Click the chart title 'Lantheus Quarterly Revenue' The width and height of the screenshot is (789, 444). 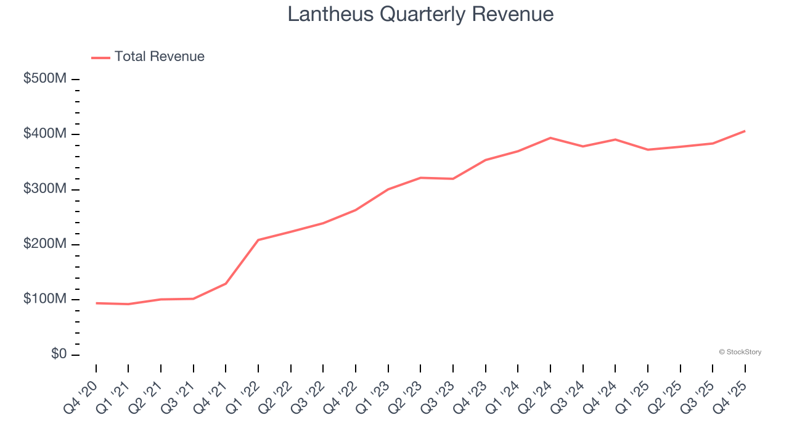coord(420,14)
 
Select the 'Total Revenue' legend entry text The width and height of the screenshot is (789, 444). coord(159,57)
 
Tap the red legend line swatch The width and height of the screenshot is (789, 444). coord(100,57)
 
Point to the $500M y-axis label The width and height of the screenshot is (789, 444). coord(45,80)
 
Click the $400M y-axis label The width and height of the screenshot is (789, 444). coord(45,134)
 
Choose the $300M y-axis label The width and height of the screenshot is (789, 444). coord(45,189)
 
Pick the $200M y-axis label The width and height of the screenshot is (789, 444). coord(45,244)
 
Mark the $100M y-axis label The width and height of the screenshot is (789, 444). coord(45,299)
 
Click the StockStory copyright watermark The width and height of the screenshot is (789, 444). coord(740,352)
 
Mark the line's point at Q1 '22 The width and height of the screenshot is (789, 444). coord(258,240)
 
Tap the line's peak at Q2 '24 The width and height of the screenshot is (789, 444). coord(550,138)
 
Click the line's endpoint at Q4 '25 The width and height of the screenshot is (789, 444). coord(745,131)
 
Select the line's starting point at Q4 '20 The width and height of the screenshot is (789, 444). coord(96,303)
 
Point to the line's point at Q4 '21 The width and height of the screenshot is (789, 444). coord(226,284)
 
